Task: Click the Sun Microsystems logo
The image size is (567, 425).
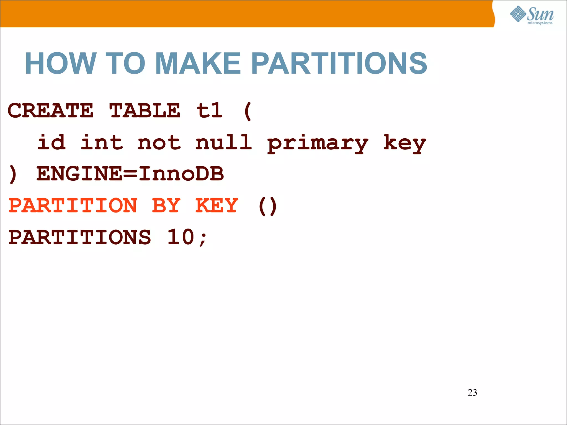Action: [532, 15]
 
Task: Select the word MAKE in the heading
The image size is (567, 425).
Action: [198, 64]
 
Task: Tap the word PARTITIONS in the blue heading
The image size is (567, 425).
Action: [339, 64]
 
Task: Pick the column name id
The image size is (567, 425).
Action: [52, 142]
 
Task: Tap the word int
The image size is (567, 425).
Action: [102, 142]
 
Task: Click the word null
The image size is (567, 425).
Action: [224, 142]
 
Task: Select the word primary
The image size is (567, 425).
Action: [318, 144]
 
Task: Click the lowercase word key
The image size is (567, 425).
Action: [404, 144]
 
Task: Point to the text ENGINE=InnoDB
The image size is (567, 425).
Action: [130, 174]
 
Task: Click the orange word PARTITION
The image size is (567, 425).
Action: [73, 206]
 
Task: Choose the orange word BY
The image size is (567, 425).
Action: [166, 206]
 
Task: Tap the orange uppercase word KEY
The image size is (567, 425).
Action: [217, 206]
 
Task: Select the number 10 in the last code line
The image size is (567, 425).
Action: [181, 237]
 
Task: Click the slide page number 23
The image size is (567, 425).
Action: [472, 392]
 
